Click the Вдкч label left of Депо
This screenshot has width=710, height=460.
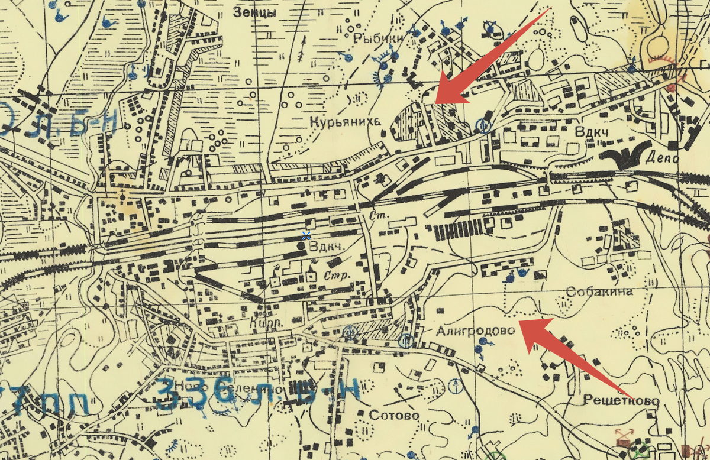(x=591, y=131)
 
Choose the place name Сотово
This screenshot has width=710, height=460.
(x=393, y=415)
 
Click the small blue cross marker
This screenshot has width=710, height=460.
(x=306, y=236)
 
